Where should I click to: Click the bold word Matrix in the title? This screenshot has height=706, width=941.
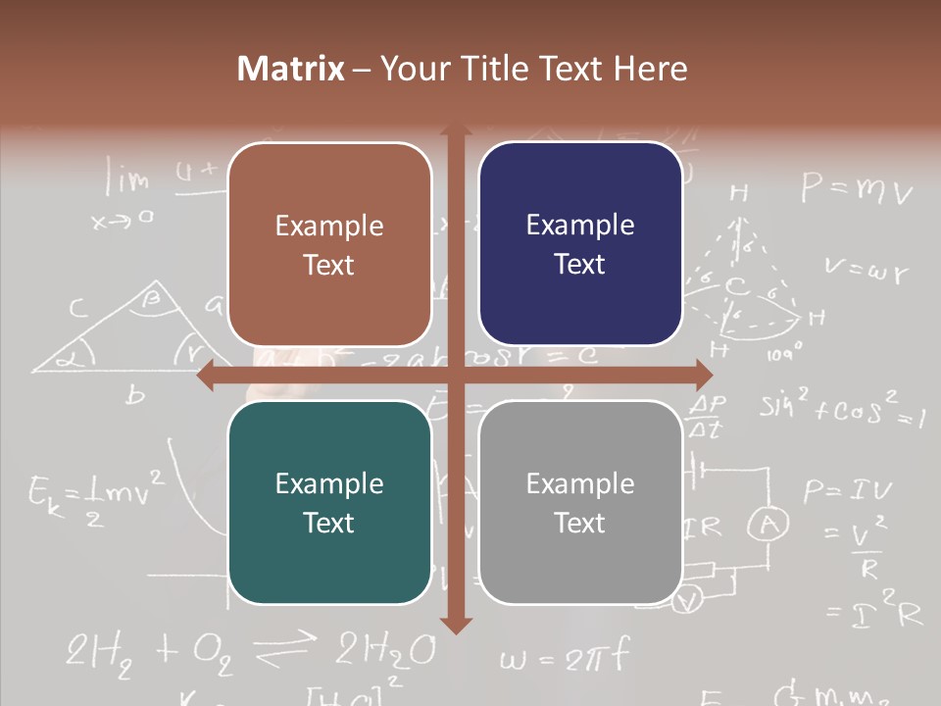point(291,69)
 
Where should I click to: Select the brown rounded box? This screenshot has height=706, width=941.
point(329,244)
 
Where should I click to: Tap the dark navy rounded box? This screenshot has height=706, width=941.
point(580,244)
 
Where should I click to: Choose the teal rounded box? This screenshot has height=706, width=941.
point(329,502)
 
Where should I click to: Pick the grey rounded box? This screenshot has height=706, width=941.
point(580,502)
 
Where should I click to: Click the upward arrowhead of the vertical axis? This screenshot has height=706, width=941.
point(456,133)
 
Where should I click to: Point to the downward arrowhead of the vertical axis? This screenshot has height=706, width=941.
point(456,625)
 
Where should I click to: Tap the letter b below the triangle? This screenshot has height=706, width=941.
point(136,395)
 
